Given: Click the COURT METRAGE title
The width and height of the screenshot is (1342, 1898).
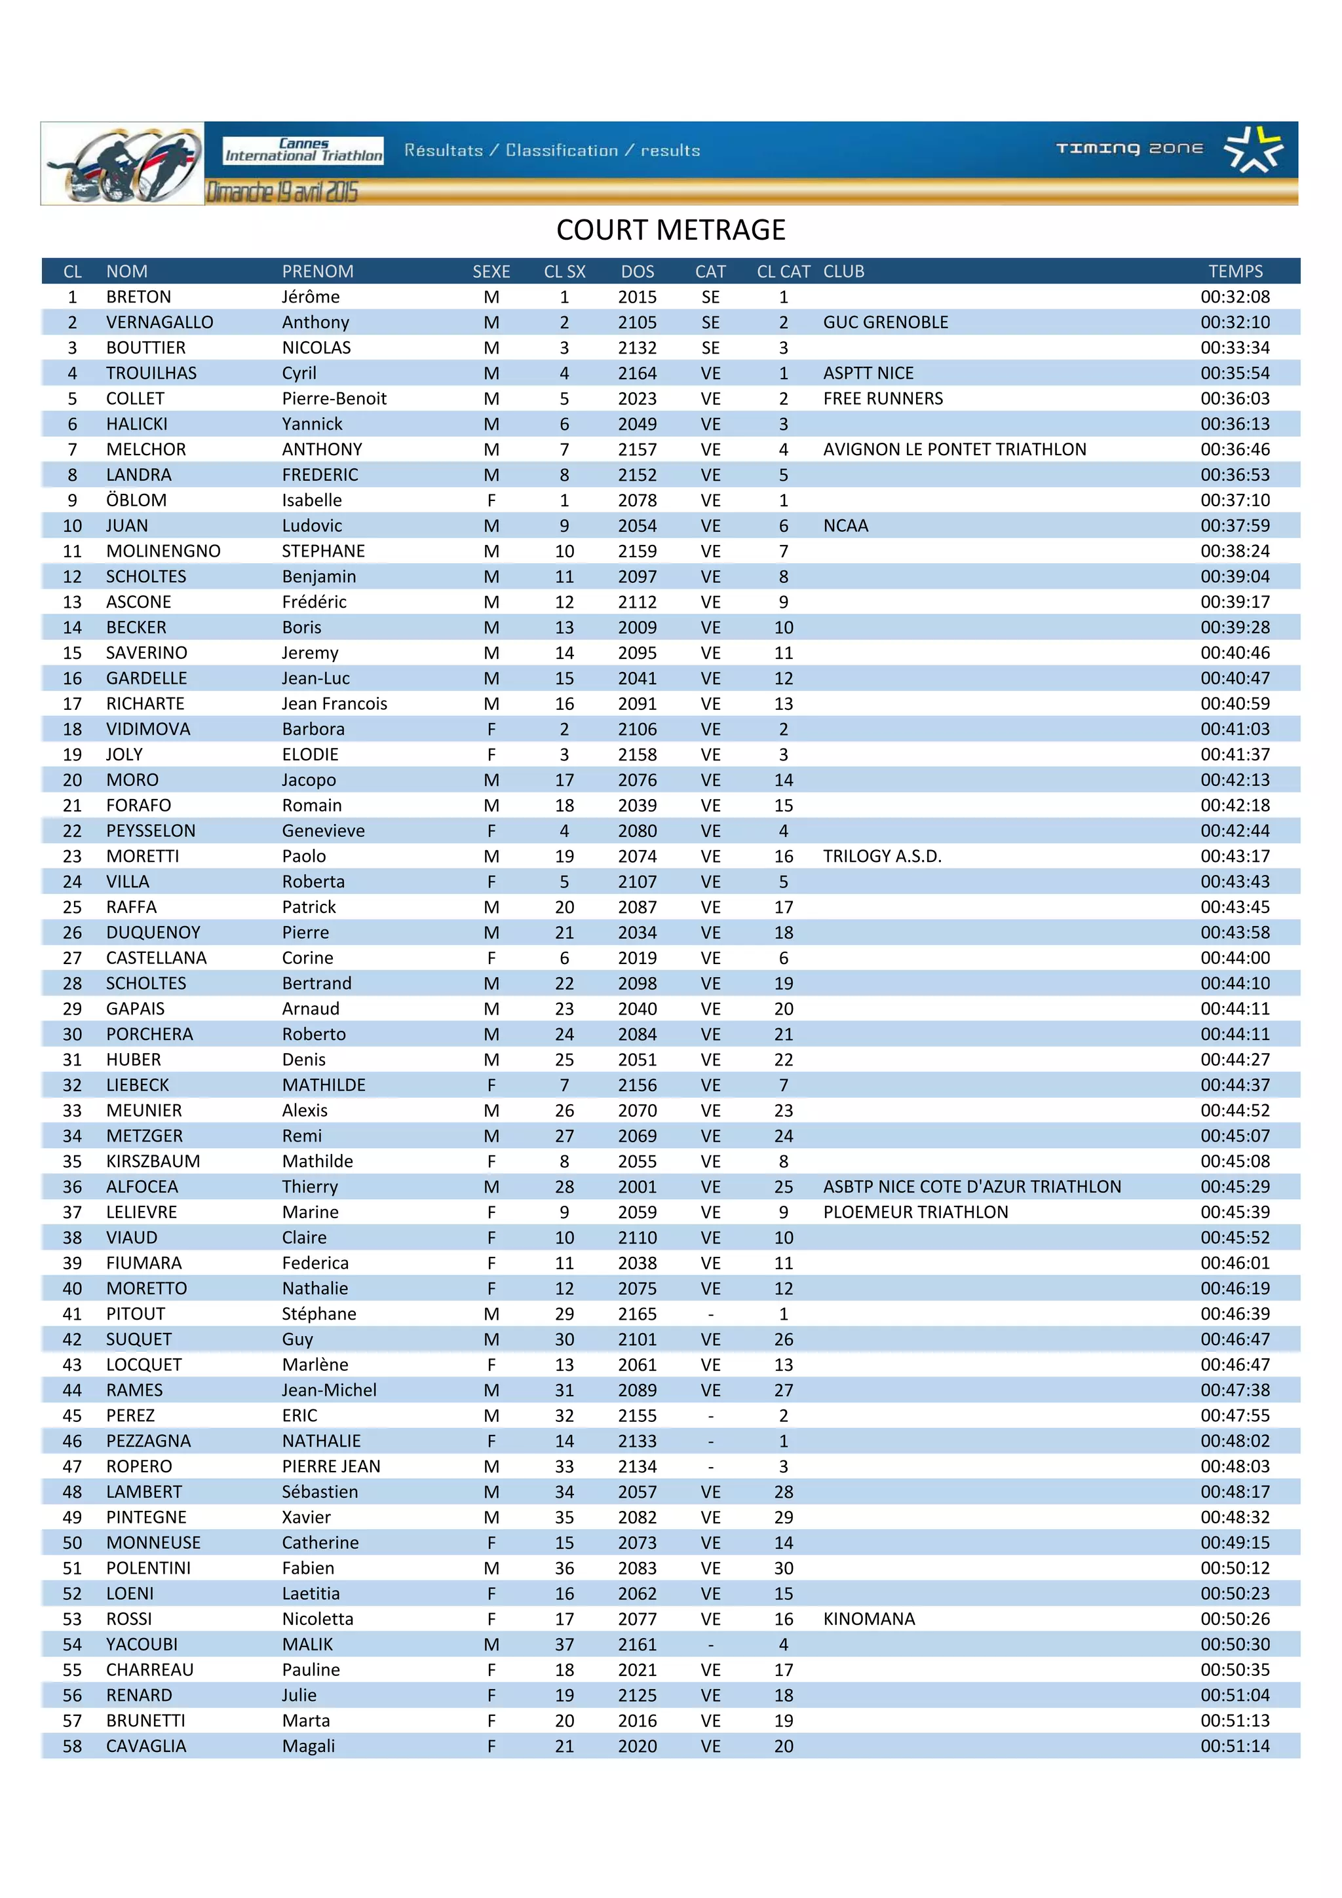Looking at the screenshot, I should point(670,230).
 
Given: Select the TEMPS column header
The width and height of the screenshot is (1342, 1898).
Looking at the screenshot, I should point(1235,271).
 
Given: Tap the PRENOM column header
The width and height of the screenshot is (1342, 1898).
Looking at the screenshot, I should point(318,271).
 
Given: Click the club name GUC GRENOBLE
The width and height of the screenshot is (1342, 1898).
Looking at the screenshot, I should point(885,322).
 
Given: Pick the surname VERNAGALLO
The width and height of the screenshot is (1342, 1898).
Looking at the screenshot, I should point(160,322).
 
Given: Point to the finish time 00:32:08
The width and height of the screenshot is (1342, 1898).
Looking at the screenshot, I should point(1235,297).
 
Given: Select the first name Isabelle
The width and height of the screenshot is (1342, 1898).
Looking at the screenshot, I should point(312,500).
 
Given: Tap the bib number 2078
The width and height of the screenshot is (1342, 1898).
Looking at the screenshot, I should point(637,500).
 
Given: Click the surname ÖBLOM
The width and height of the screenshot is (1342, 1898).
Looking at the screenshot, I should point(136,500).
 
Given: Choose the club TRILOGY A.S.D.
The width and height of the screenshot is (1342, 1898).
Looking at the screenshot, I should point(881,857).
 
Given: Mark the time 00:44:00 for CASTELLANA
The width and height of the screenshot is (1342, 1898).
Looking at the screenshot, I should point(1235,958).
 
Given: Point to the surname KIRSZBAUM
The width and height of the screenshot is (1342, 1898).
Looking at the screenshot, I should point(153,1161).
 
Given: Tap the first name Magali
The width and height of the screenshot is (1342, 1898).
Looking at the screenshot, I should point(309,1747).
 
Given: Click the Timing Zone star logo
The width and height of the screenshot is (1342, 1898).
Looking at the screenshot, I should point(1253,149).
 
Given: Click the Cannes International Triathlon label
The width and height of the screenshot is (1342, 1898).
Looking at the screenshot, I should point(303,149).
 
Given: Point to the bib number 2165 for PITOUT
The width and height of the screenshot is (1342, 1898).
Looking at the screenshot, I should point(637,1314).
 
